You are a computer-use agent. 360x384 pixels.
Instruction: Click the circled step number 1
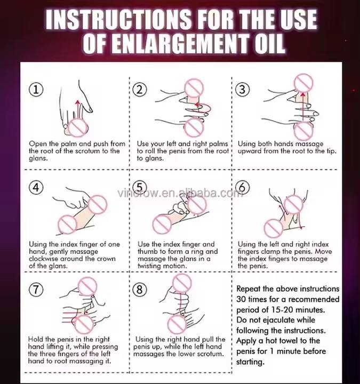pos(36,90)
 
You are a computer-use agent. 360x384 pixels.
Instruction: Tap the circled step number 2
pos(140,90)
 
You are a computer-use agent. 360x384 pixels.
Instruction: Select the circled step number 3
pos(242,90)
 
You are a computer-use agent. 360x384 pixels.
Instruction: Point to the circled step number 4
pos(36,187)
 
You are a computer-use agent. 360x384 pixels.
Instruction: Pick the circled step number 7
pos(36,289)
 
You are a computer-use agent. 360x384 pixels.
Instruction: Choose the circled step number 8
pos(140,289)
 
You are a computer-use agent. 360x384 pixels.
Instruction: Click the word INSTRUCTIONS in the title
pos(118,20)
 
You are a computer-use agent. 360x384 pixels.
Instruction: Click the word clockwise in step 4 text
pos(43,259)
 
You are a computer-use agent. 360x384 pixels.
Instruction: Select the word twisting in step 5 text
pos(150,266)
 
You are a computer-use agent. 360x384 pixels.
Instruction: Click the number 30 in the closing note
pos(241,299)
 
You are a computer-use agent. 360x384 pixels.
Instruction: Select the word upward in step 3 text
pos(250,151)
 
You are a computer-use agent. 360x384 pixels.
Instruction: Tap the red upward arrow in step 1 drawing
pos(78,109)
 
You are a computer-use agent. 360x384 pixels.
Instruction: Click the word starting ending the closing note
pos(250,362)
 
